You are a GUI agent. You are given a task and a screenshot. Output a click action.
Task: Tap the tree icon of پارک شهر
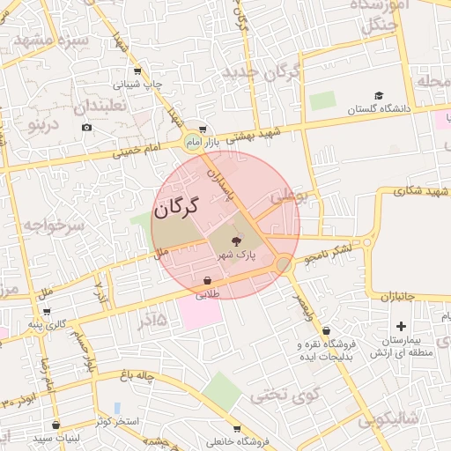[236, 240]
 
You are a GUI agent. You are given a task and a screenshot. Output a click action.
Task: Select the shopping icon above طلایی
[206, 281]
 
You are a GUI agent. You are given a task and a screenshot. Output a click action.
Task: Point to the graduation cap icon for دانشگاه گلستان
[379, 95]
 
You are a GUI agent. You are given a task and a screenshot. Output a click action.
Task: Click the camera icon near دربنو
[86, 128]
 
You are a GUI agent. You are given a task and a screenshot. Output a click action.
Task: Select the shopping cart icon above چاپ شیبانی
[137, 72]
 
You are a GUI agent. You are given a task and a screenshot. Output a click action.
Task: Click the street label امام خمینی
[137, 151]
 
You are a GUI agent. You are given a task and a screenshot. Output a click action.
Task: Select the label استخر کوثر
[120, 422]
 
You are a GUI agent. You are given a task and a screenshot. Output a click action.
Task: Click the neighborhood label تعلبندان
[100, 106]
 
